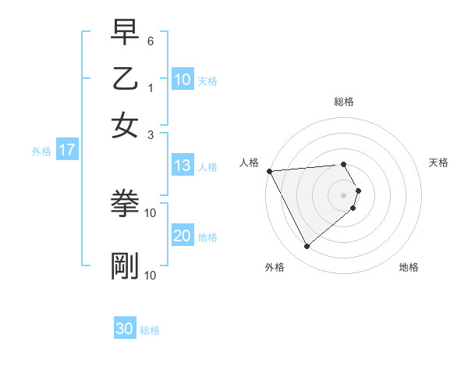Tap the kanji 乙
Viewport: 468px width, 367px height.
point(125,79)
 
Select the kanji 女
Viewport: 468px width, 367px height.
point(125,125)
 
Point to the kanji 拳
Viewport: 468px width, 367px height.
point(125,204)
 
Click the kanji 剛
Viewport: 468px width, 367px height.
point(125,266)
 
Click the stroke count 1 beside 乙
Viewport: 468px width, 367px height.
point(151,88)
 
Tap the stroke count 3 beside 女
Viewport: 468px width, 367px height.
point(151,134)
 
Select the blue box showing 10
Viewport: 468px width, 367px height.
point(183,80)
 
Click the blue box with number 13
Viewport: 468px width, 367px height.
point(183,166)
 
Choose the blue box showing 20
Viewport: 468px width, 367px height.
point(183,236)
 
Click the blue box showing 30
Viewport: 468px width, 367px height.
point(125,329)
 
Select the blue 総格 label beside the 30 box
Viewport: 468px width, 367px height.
point(150,330)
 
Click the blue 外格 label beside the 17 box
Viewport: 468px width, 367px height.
point(41,151)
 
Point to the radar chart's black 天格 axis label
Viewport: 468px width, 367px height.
point(438,162)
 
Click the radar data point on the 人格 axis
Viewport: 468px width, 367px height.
point(269,171)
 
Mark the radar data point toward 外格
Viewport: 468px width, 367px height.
point(307,247)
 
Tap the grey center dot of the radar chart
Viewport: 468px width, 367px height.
point(344,194)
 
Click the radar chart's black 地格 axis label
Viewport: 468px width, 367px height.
point(409,268)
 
